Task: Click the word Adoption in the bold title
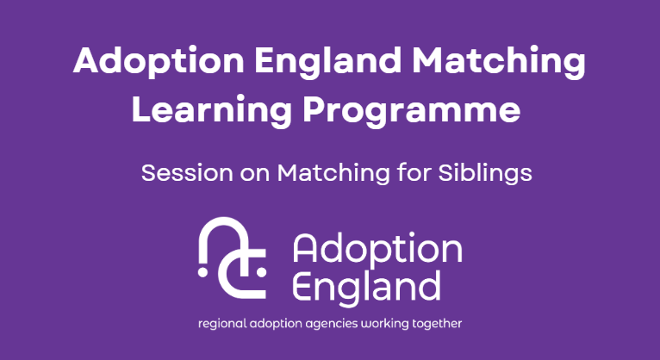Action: [x=159, y=61]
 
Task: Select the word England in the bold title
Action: [x=328, y=61]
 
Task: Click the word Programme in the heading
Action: [x=412, y=110]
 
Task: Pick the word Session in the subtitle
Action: [x=187, y=173]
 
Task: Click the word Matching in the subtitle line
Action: [x=333, y=173]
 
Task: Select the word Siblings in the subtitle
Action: [x=485, y=173]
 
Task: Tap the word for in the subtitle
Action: [x=414, y=173]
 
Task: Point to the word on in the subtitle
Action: [x=255, y=175]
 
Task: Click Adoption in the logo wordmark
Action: [x=377, y=249]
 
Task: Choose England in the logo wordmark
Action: [x=366, y=288]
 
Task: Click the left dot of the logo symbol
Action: [x=202, y=272]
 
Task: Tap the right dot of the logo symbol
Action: [x=261, y=272]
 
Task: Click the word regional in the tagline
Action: [x=222, y=324]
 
